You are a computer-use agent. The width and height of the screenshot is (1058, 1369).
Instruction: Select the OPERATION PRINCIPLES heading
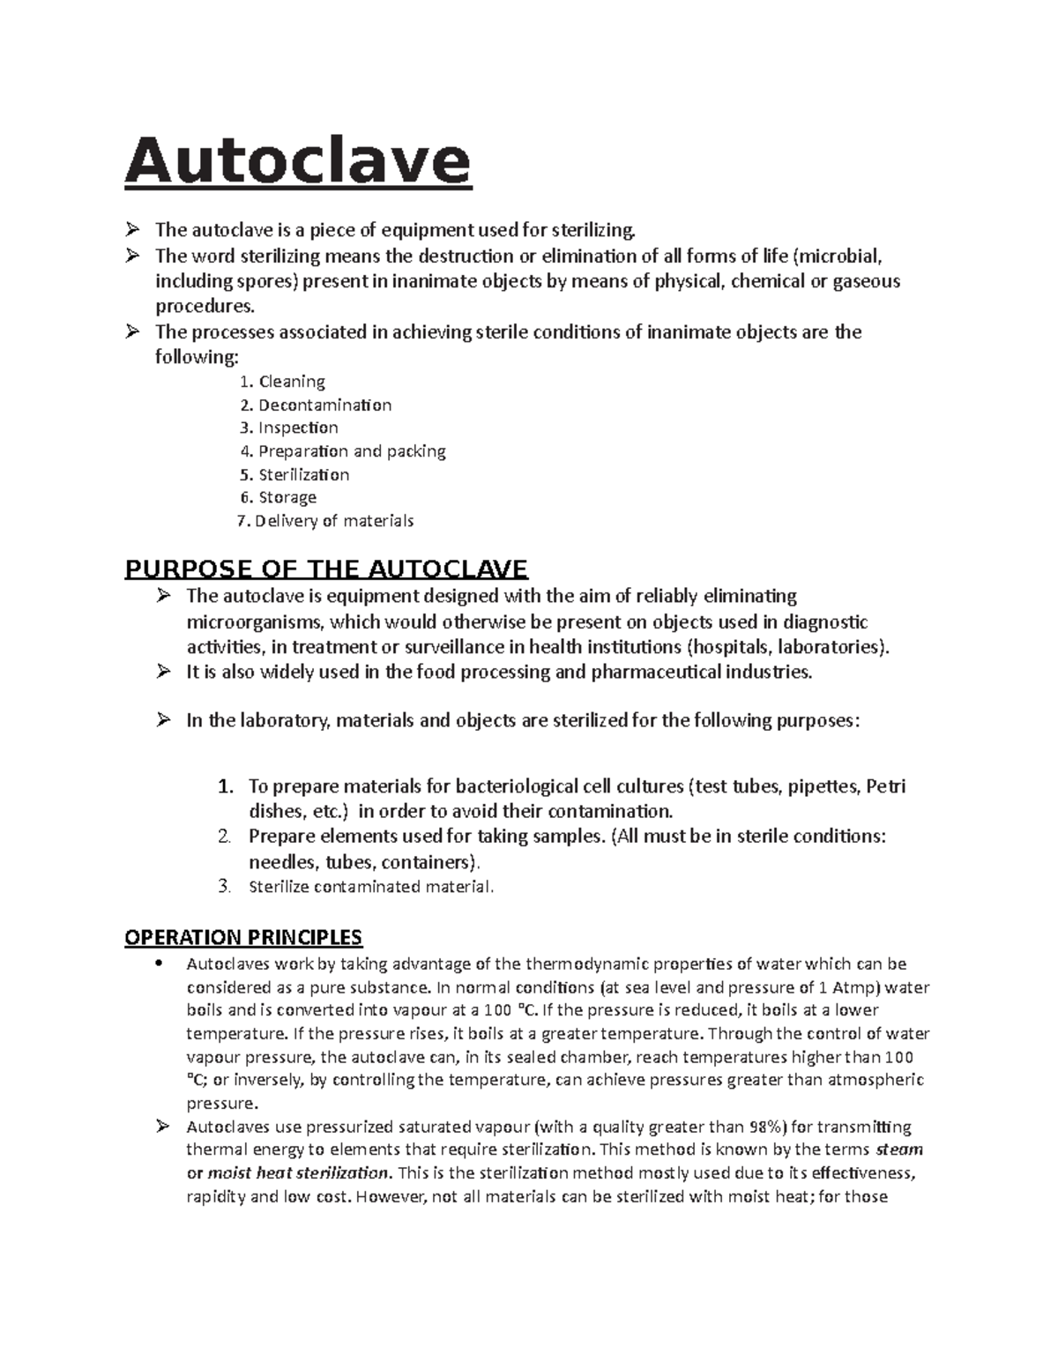pos(243,936)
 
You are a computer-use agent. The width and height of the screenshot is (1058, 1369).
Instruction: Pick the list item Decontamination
pos(324,405)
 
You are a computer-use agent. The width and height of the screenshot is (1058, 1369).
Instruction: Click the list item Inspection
pos(298,428)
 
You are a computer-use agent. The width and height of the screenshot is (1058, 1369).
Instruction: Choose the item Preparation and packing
pos(352,451)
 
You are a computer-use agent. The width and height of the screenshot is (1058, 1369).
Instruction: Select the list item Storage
pos(287,497)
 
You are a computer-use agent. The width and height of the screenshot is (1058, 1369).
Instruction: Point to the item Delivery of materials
pos(334,521)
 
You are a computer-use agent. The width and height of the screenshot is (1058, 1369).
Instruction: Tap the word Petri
pos(886,786)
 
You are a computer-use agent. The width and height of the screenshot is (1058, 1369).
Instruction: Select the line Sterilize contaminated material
pos(371,887)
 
